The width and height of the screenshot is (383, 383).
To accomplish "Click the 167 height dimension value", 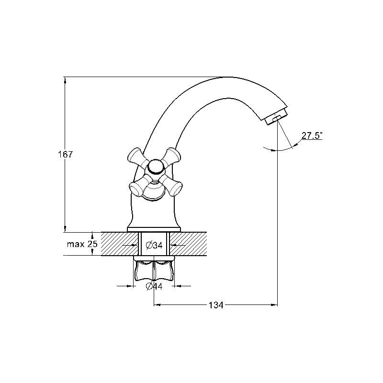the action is click(65, 154).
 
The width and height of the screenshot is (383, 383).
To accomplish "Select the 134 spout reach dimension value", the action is click(216, 305).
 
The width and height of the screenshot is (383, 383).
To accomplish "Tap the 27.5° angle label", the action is click(312, 135).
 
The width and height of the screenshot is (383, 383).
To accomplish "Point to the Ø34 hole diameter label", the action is click(154, 245).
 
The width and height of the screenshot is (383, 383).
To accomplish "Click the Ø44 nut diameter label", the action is click(154, 286).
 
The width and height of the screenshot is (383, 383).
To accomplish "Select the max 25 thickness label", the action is click(82, 244).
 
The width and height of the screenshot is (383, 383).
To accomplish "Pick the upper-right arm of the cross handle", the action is click(171, 157).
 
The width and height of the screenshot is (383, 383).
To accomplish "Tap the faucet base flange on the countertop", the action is click(154, 229).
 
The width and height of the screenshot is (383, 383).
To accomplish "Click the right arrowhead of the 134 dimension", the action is click(274, 305).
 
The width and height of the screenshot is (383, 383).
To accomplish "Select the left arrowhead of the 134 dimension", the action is click(157, 305).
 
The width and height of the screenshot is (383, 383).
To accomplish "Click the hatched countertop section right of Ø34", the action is click(188, 244).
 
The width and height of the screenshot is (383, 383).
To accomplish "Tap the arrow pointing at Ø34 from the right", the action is click(177, 245).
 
